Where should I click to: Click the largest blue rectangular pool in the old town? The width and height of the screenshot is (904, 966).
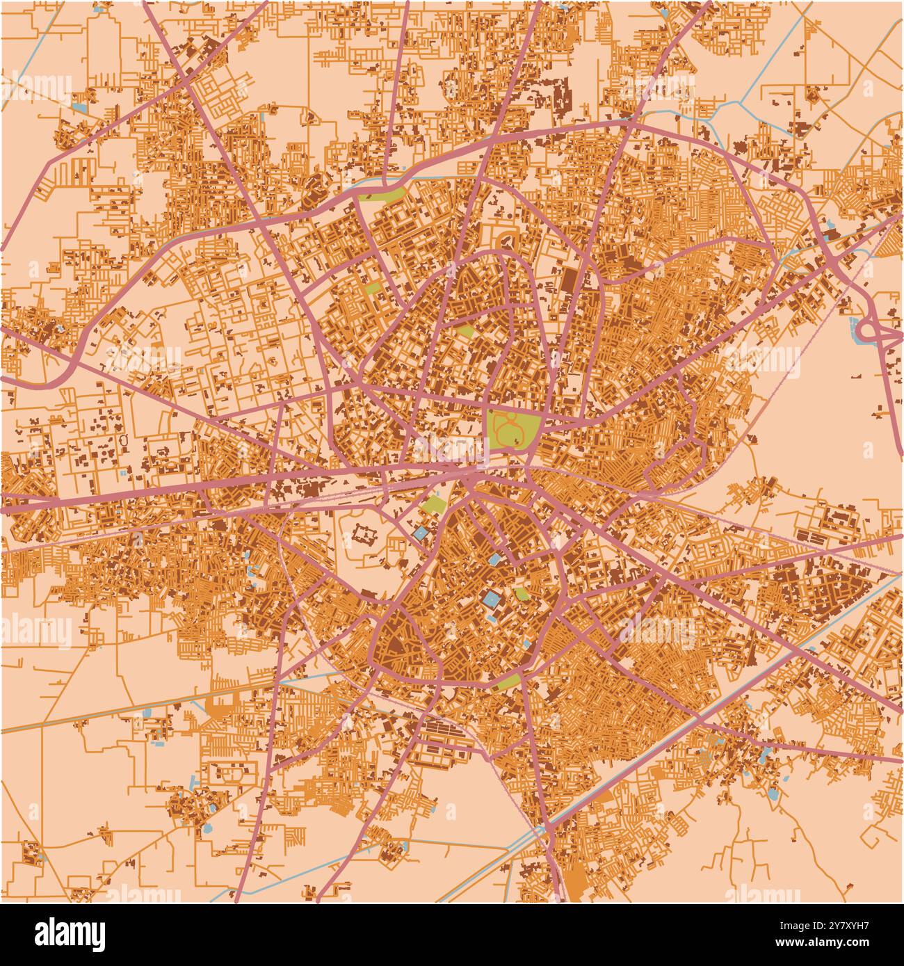(492, 599)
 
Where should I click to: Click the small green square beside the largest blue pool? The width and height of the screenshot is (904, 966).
(521, 593)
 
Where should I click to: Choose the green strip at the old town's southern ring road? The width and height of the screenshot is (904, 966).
(509, 680)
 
